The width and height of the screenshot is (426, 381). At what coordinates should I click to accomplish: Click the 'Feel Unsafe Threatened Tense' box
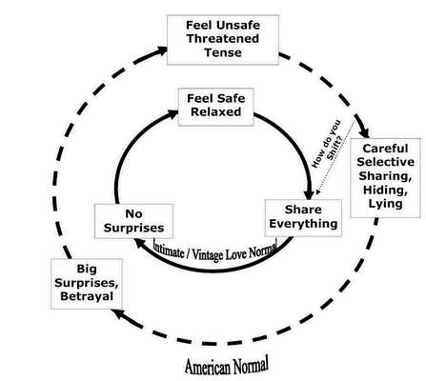(223, 40)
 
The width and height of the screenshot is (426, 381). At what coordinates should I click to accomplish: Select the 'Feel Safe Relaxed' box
(216, 107)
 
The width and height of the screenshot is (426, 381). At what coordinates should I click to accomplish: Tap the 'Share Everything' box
(303, 218)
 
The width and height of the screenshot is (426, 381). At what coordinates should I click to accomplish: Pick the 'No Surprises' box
(133, 221)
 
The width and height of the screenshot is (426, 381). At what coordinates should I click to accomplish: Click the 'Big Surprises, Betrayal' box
(87, 284)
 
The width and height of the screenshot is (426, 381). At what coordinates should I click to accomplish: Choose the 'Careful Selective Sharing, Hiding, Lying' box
(386, 178)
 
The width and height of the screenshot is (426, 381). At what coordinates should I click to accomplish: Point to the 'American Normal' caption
(227, 367)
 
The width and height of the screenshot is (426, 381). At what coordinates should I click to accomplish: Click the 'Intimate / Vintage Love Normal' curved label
(214, 252)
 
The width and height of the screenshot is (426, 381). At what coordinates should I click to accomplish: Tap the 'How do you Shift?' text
(327, 144)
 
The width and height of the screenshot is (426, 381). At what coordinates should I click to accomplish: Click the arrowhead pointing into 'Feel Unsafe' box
(162, 50)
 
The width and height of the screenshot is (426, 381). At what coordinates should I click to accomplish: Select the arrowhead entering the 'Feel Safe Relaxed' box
(173, 114)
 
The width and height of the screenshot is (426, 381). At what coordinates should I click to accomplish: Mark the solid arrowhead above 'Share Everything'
(309, 194)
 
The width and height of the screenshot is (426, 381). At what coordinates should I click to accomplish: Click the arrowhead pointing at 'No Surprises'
(139, 244)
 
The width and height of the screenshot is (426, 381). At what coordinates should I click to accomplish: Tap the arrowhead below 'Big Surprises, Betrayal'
(118, 314)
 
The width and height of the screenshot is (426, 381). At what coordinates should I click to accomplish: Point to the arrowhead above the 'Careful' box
(365, 132)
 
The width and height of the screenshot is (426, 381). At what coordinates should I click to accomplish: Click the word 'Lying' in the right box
(385, 204)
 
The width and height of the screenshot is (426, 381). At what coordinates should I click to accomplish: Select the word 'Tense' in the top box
(223, 52)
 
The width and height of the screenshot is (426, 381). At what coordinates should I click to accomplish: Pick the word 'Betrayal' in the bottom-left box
(87, 296)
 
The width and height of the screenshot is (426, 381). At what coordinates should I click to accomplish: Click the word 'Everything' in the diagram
(303, 224)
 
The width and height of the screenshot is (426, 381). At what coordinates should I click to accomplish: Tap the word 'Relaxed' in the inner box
(216, 112)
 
